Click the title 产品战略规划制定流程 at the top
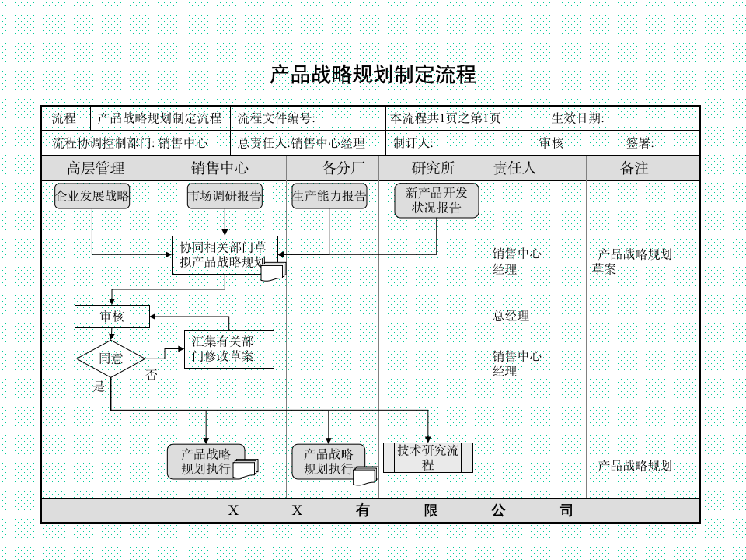372,75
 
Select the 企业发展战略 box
92,197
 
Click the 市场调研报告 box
225,197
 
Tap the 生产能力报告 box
329,197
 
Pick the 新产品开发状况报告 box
436,201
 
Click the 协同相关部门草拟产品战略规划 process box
224,254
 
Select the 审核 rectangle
111,317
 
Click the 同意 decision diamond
111,359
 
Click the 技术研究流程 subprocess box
428,457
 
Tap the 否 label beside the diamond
152,376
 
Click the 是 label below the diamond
99,387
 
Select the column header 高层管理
96,168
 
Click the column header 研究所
433,168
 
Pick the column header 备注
634,168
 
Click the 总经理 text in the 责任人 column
511,317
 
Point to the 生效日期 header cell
577,119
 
